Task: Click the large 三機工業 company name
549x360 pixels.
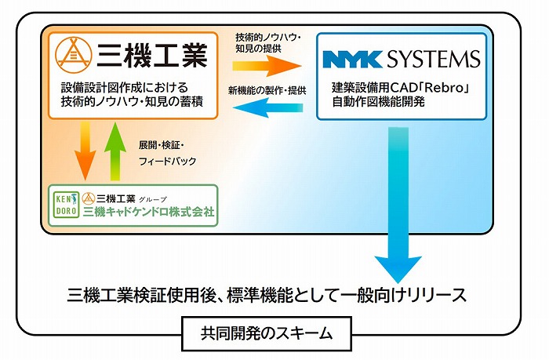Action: [x=151, y=56]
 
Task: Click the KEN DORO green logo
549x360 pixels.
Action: [x=64, y=205]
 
